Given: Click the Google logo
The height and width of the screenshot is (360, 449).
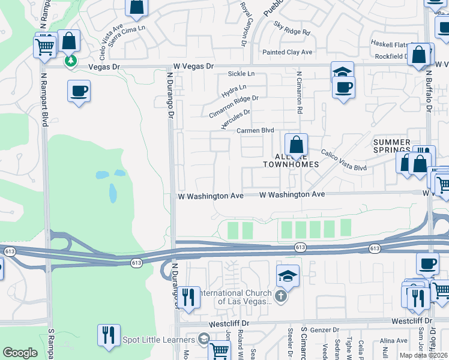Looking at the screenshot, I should click(x=20, y=353).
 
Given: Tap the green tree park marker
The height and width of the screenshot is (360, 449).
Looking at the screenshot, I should click(x=70, y=61).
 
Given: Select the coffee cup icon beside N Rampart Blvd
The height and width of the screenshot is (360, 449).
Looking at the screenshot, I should click(x=79, y=92).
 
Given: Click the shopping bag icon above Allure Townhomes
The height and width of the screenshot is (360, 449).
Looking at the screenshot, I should click(x=296, y=145).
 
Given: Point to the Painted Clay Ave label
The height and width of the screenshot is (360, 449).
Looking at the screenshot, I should click(x=288, y=52).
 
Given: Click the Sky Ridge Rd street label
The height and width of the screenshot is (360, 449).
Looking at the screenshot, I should click(x=292, y=28).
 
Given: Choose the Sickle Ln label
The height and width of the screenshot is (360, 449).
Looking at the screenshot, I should click(x=241, y=74).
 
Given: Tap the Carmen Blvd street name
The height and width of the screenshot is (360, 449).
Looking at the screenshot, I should click(x=255, y=130).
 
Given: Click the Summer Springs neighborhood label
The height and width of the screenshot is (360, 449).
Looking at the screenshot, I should click(x=392, y=146).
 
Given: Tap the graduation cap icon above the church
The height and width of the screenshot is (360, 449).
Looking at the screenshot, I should click(x=288, y=277).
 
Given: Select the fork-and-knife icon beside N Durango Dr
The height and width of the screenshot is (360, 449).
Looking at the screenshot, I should click(x=188, y=296).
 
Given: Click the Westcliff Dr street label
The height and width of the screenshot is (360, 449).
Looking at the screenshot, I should click(x=228, y=323).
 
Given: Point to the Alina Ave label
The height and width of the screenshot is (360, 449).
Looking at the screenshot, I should click(x=394, y=340).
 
